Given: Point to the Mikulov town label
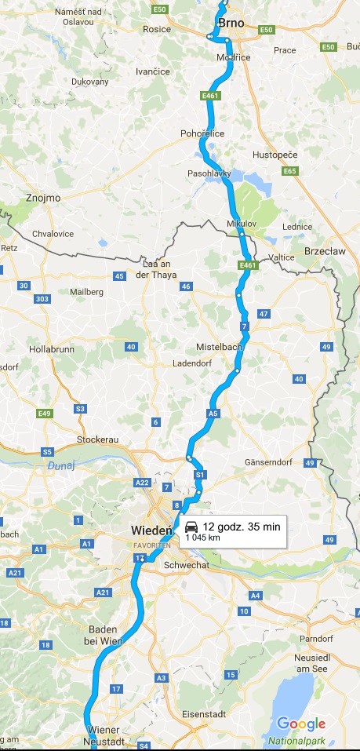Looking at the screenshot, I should pos(242,224).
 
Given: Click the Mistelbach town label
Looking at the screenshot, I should pos(220,346).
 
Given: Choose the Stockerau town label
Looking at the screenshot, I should pos(98,439).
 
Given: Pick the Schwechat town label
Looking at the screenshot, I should pos(185,565).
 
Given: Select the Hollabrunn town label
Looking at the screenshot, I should pos(52,347).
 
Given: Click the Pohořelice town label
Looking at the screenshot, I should pos(202,133).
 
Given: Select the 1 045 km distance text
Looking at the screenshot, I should pos(202,538).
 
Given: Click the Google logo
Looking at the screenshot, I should pos(300,724).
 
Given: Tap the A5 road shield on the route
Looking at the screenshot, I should pos(213,413).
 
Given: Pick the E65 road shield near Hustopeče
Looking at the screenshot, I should pos(290,171).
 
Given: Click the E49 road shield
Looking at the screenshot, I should pos(45,414).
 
